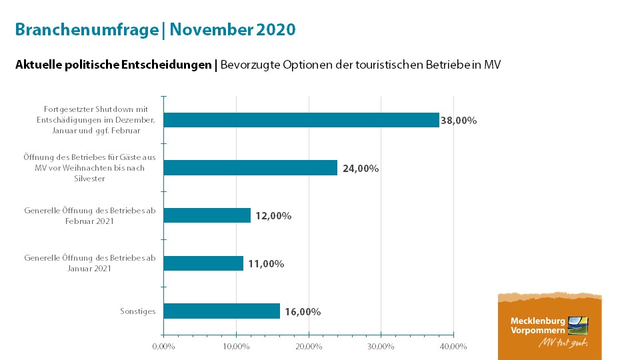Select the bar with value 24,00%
coord(250,168)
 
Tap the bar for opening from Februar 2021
coord(207,215)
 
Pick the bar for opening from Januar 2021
coord(203,263)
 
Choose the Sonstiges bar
coord(221,311)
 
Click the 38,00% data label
coord(459,121)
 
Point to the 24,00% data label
coord(361,169)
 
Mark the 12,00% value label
coord(273,216)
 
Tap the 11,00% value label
coord(266,264)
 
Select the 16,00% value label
coord(303,311)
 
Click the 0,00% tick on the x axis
coord(163,346)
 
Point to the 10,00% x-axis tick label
coord(236,346)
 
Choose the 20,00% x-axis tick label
coord(309,346)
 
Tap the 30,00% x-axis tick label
coord(381,346)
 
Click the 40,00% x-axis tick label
coord(453,346)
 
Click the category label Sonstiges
coord(138,311)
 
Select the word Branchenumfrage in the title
coord(86,30)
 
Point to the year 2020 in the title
coord(276,30)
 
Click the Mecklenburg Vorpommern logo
coord(549,326)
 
